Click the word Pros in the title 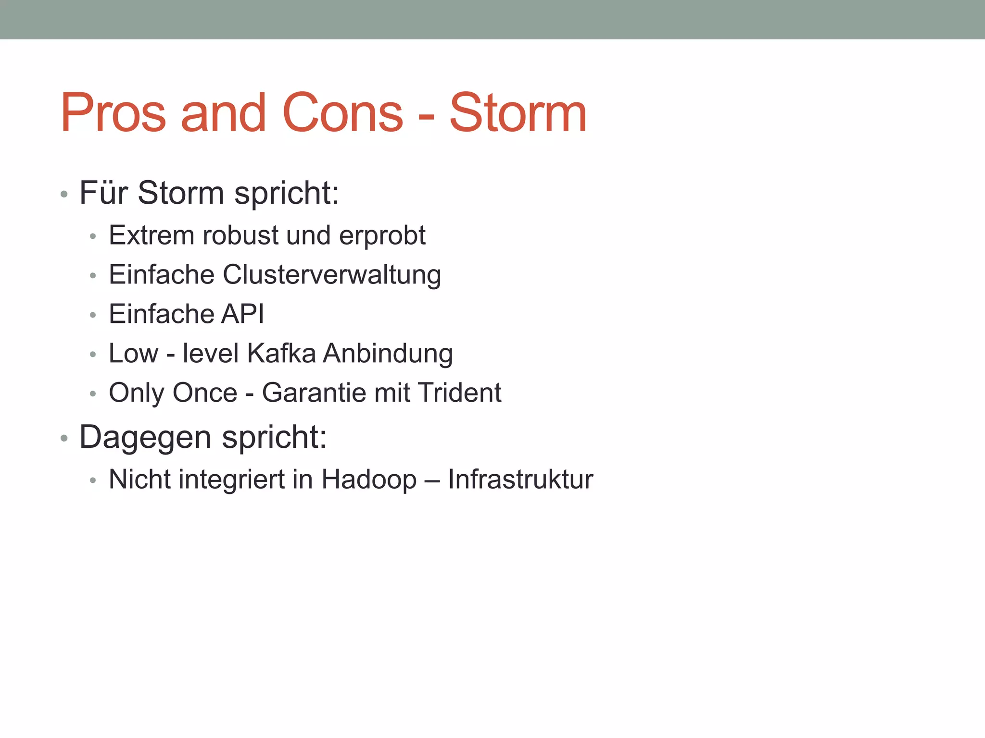pyautogui.click(x=114, y=113)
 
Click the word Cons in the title pyautogui.click(x=343, y=113)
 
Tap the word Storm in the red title pyautogui.click(x=518, y=113)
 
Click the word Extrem pyautogui.click(x=151, y=235)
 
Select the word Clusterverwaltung pyautogui.click(x=332, y=275)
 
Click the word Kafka pyautogui.click(x=281, y=354)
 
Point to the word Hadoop pyautogui.click(x=369, y=480)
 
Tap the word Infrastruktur pyautogui.click(x=520, y=480)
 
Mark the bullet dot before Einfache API pyautogui.click(x=93, y=315)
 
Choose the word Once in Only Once pyautogui.click(x=204, y=393)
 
